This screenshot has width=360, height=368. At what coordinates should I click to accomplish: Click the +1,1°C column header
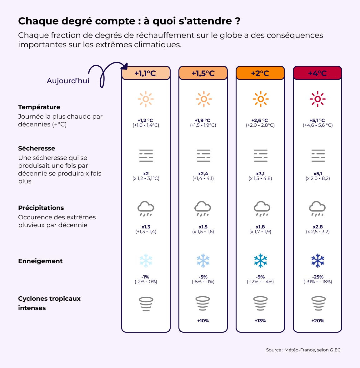(146, 73)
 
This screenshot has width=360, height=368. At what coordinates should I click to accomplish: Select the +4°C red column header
(317, 73)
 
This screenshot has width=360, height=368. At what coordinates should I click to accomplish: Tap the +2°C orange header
(260, 73)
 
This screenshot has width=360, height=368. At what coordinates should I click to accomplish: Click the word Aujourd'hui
(68, 81)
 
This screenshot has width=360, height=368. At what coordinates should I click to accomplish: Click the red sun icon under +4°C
(317, 99)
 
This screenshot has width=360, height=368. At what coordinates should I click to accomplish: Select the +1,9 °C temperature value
(203, 120)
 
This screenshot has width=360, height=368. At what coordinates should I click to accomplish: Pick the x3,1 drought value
(260, 174)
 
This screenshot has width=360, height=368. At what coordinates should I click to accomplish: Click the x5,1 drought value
(317, 174)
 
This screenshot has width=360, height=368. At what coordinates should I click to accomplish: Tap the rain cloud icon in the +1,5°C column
(203, 208)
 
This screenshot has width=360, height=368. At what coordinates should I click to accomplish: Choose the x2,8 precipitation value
(317, 227)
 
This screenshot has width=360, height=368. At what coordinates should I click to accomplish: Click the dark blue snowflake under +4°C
(317, 260)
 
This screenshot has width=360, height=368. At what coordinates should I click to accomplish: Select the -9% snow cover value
(260, 277)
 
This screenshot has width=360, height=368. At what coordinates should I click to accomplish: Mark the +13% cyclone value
(260, 321)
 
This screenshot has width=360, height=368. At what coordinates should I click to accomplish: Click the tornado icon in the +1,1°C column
(146, 304)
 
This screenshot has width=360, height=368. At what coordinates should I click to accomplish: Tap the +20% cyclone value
(317, 321)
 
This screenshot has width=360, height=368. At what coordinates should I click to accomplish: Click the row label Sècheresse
(37, 148)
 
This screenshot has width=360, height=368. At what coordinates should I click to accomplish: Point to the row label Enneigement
(40, 261)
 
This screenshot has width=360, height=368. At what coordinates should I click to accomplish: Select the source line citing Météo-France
(303, 350)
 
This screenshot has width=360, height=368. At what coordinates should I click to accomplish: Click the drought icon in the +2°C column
(260, 156)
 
